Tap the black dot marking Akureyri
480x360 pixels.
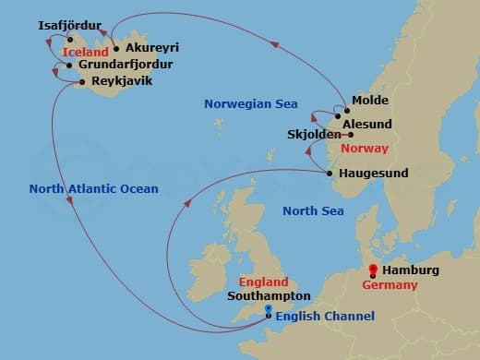(116, 48)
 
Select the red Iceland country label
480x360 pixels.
(87, 54)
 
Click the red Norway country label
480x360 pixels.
(365, 148)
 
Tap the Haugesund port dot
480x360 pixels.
(330, 173)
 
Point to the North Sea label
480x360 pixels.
(313, 211)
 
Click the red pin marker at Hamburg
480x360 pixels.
(373, 270)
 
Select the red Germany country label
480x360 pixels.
(390, 285)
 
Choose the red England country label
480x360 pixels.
(263, 282)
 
